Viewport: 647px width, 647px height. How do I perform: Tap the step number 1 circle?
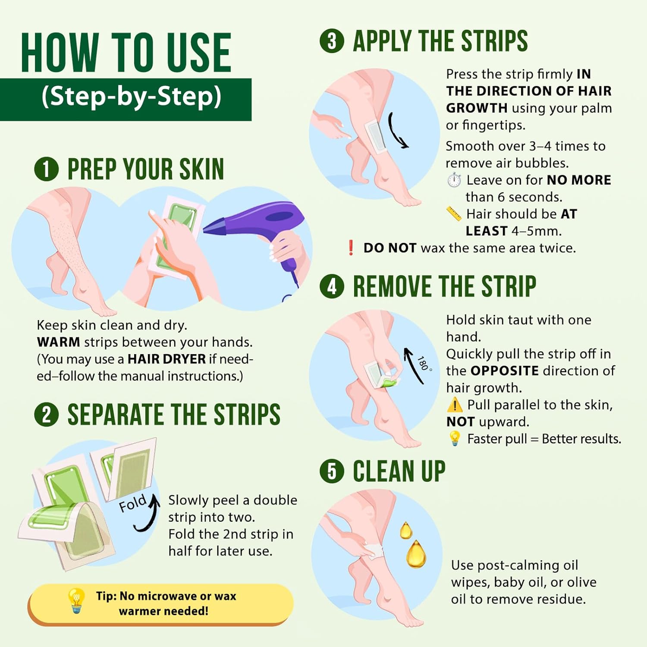46,169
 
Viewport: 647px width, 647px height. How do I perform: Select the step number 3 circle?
332,41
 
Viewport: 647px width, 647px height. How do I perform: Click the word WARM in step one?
59,342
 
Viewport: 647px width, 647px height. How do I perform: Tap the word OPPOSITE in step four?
505,371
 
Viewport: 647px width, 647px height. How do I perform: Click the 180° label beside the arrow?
424,364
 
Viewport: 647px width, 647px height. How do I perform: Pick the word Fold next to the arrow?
132,503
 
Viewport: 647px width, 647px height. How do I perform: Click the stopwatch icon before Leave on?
454,179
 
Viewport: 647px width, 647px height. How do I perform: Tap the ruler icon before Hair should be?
454,214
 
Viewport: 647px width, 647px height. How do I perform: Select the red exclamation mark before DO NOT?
351,248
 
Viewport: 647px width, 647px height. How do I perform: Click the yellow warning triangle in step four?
455,405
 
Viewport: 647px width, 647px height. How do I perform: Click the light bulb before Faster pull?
455,439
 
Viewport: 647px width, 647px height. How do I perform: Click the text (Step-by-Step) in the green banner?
132,97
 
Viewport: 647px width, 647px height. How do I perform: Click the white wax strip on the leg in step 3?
375,137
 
